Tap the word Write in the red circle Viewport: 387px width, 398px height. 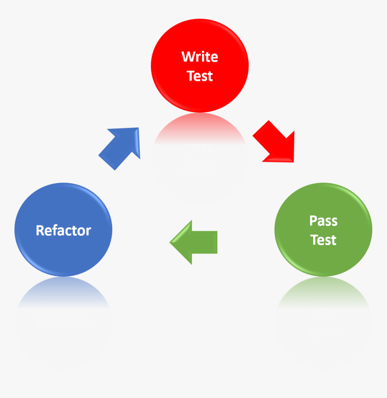click(200, 57)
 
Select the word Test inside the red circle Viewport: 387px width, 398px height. click(200, 76)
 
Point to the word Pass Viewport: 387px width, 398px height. click(323, 221)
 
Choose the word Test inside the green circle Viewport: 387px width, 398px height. click(323, 240)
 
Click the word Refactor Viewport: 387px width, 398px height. click(63, 230)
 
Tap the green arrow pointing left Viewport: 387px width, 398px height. click(194, 242)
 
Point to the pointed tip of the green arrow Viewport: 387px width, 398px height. click(171, 242)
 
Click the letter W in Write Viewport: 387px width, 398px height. click(187, 57)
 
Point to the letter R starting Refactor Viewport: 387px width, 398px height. click(40, 230)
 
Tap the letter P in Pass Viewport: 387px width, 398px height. click(313, 221)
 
